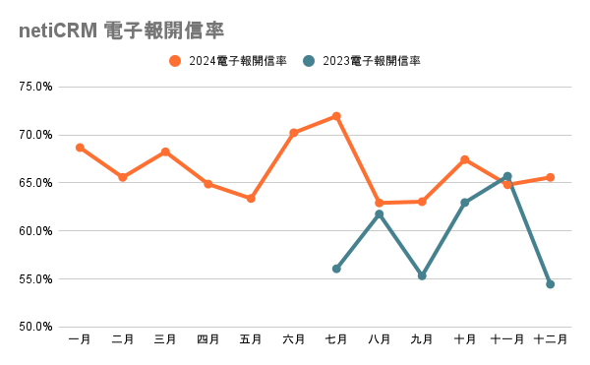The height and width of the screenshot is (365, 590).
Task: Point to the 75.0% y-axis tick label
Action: tap(36, 87)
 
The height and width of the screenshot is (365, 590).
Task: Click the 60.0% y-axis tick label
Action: tap(36, 231)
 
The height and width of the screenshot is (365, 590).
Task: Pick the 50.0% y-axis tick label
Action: tap(36, 327)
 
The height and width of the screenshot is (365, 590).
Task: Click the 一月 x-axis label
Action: tap(80, 340)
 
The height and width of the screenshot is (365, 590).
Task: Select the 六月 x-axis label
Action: tap(293, 340)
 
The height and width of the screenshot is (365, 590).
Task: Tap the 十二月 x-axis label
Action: tap(550, 340)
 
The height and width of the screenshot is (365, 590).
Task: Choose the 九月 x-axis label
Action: tap(422, 340)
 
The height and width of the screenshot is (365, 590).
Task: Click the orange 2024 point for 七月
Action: tap(336, 116)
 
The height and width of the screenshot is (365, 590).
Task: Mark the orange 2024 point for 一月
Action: tap(80, 148)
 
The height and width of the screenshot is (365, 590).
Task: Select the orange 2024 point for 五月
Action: tap(251, 199)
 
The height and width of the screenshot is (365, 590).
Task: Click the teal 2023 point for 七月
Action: tap(336, 269)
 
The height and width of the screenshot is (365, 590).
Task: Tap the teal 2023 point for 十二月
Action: tap(550, 284)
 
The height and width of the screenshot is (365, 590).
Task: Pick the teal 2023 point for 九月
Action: tap(422, 276)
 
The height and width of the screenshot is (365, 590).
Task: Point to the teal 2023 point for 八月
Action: tap(379, 214)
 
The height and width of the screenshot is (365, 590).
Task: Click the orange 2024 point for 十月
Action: tap(464, 159)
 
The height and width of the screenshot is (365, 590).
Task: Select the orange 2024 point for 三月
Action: tap(165, 152)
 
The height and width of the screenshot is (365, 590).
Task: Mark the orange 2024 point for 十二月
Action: tap(550, 177)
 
